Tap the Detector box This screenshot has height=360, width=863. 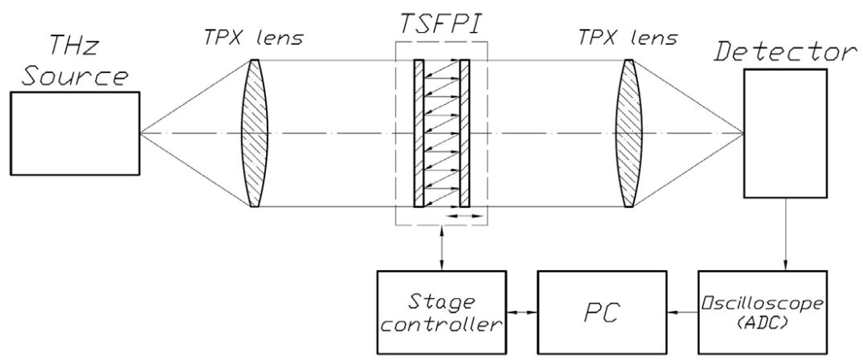click(x=784, y=133)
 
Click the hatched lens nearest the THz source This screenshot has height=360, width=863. click(x=254, y=133)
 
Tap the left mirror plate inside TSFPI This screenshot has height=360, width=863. click(x=419, y=133)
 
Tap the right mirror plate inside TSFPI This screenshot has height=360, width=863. click(x=464, y=133)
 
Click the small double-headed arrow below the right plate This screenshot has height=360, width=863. click(x=466, y=216)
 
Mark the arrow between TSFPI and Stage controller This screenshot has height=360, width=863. click(x=440, y=249)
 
